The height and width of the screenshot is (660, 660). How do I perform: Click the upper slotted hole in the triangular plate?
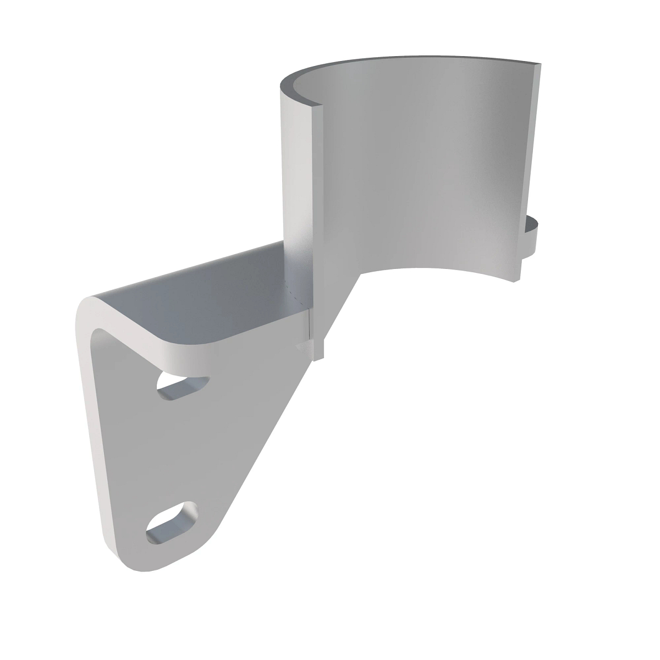pos(183,386)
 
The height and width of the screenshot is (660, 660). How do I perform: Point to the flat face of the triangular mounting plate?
pos(165,451)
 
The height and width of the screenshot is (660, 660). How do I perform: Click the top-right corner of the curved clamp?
pos(538,63)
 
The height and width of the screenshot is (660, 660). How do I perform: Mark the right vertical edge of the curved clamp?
pos(528,165)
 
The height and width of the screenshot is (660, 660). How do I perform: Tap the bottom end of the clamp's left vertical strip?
pos(318,352)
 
